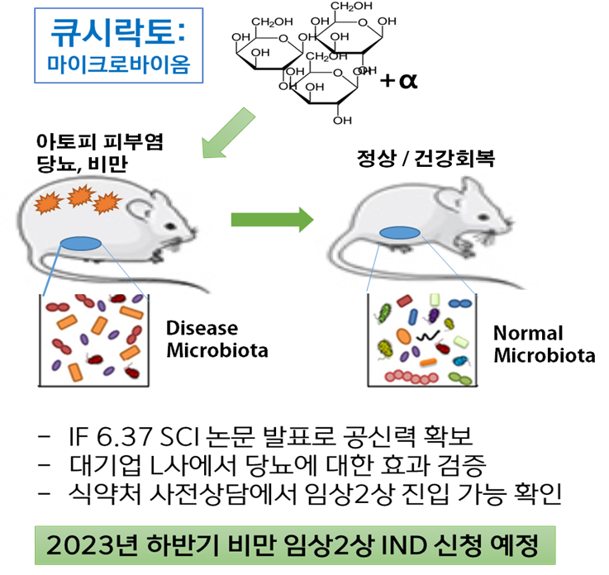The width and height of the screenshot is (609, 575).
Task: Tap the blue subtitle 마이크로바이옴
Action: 118,64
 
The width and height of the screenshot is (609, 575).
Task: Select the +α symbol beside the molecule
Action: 398,80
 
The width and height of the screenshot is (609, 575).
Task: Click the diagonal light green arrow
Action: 228,133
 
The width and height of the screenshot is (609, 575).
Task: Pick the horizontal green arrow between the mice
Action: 272,220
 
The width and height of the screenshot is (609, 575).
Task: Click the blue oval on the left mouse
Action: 81,244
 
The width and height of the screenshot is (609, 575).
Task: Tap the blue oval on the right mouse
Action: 400,233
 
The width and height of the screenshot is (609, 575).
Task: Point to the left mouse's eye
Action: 169,226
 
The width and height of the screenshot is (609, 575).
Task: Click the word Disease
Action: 202,329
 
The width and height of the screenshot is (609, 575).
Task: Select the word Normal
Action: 528,334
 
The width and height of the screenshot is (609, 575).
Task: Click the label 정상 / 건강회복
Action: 426,159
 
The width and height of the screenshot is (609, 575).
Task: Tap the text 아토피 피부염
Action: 99,142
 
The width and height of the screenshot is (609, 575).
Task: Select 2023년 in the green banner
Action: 92,545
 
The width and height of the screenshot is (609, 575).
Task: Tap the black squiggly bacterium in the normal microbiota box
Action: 427,335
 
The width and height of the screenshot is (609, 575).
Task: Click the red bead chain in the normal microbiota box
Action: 412,377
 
